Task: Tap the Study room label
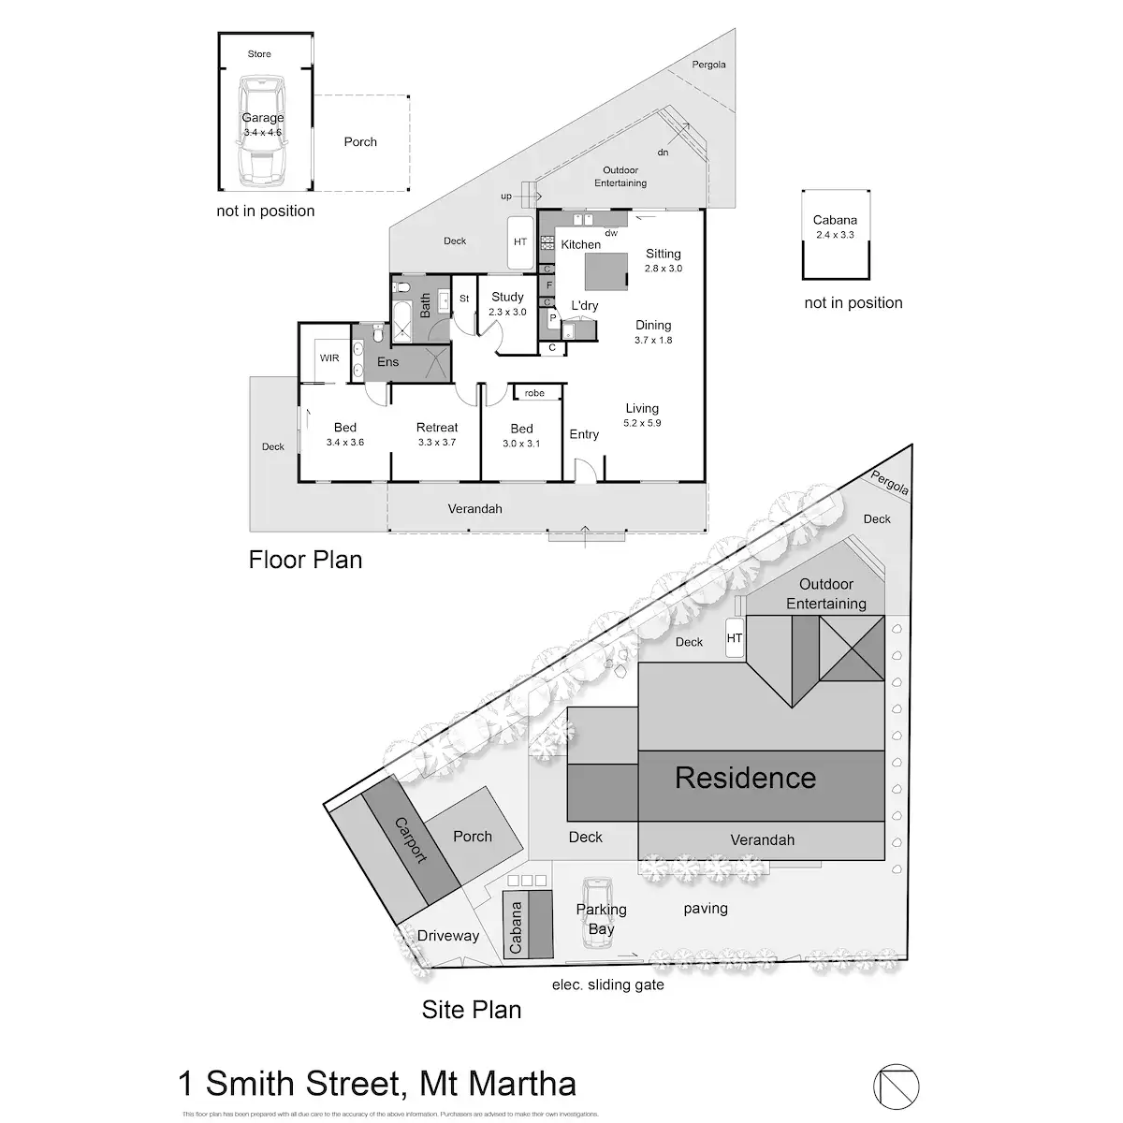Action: (x=508, y=298)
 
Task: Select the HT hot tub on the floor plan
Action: (x=521, y=241)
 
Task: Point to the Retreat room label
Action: (x=437, y=428)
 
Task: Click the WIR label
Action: (x=329, y=358)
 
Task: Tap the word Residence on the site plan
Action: (x=745, y=778)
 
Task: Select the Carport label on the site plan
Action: (x=411, y=841)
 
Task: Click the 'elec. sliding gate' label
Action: (x=607, y=984)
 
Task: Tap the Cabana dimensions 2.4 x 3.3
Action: (x=835, y=235)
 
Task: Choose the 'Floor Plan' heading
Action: (x=305, y=560)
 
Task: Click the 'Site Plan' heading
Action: (x=471, y=1010)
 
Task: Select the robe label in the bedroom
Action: (x=534, y=393)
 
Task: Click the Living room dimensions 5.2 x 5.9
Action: (x=642, y=423)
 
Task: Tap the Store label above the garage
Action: (x=259, y=54)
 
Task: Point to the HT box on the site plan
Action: (x=735, y=639)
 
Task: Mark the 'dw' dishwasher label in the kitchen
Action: (x=611, y=233)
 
